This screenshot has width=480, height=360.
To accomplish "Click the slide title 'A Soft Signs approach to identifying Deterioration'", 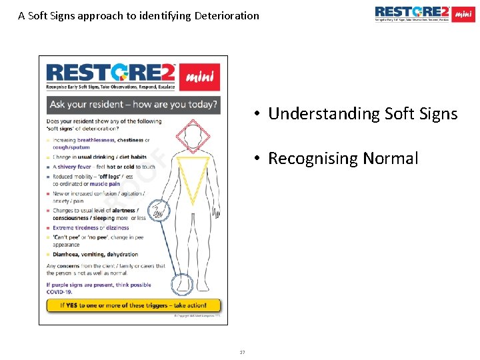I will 139,15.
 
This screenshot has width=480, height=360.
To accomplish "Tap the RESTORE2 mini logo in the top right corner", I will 424,14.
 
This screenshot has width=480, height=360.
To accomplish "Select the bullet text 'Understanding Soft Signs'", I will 363,114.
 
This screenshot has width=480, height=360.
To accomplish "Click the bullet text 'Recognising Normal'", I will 343,159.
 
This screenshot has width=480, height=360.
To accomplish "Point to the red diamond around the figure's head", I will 193,137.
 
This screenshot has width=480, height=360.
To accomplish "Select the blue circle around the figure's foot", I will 182,285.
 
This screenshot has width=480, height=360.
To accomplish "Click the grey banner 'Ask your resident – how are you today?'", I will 133,105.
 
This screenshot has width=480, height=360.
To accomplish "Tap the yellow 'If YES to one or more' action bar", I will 133,305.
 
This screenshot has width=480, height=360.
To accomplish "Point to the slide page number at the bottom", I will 243,352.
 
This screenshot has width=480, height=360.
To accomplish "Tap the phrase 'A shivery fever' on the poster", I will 72,167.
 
